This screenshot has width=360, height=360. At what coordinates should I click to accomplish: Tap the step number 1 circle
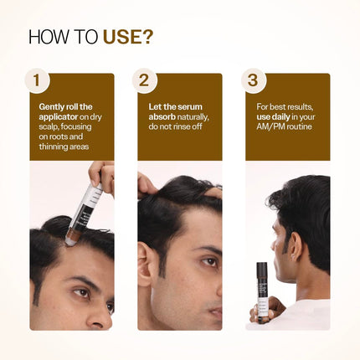36,81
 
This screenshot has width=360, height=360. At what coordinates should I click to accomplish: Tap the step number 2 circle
144,81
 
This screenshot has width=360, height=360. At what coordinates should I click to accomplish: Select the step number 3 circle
252,81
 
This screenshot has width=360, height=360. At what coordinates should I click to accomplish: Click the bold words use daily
282,117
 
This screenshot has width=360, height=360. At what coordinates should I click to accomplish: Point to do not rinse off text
176,127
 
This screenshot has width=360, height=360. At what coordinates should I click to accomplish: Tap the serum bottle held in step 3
262,288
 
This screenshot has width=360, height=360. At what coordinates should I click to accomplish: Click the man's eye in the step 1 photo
80,292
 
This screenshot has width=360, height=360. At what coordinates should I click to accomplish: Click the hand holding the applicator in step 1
102,175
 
